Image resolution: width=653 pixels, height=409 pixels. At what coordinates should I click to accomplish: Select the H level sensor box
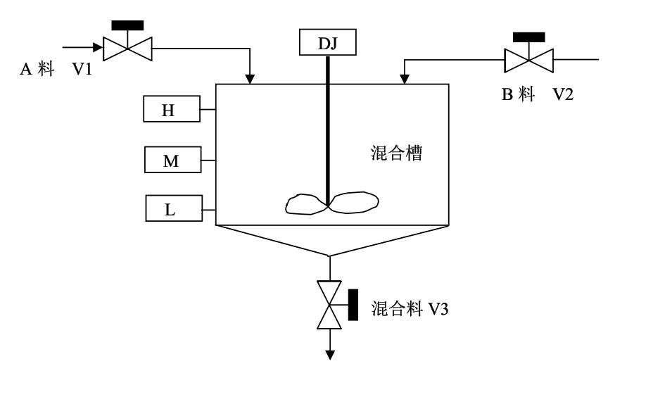tap(172, 110)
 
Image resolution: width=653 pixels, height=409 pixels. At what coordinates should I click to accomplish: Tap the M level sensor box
tap(172, 161)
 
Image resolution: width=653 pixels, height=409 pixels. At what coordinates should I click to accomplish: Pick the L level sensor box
tap(173, 209)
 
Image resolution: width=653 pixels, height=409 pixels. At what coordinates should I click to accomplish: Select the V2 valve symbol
tap(528, 59)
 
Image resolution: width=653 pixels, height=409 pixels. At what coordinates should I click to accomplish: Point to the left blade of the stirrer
tap(306, 203)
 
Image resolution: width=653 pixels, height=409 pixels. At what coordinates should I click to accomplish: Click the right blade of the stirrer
tap(355, 201)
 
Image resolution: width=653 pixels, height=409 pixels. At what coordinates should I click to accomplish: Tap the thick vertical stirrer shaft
tap(328, 127)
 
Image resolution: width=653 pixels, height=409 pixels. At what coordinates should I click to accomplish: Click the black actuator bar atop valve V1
tap(127, 25)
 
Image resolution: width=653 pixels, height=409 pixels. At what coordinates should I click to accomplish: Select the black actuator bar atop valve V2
tap(528, 37)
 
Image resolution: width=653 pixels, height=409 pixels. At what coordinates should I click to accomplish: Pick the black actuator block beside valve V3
tap(353, 304)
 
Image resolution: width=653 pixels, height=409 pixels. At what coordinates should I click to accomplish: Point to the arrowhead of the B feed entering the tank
tap(405, 78)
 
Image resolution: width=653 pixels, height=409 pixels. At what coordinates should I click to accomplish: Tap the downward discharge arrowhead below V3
tap(329, 354)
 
